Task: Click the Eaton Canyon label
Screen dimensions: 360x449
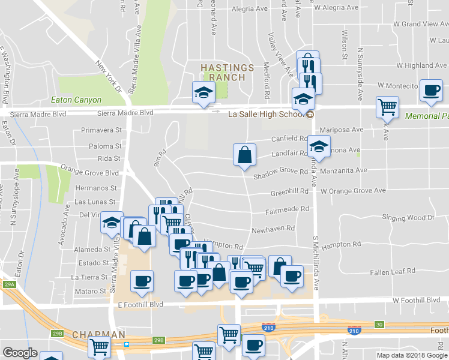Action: coord(76,100)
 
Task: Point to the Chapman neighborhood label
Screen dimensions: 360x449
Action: coord(98,334)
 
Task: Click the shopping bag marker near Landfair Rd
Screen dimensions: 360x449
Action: coord(244,155)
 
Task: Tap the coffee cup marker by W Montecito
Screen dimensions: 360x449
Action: coord(431,91)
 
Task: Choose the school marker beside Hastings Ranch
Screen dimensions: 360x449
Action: coord(203,92)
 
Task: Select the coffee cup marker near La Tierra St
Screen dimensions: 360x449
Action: coord(142,281)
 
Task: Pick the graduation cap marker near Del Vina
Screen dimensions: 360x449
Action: coord(111,223)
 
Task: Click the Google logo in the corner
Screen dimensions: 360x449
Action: coord(19,353)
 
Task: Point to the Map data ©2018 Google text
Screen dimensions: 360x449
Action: coord(412,355)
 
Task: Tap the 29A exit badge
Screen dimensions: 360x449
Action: coord(9,284)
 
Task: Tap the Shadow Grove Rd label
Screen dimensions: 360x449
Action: coord(280,172)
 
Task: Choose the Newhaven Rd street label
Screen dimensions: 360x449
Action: coord(273,229)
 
